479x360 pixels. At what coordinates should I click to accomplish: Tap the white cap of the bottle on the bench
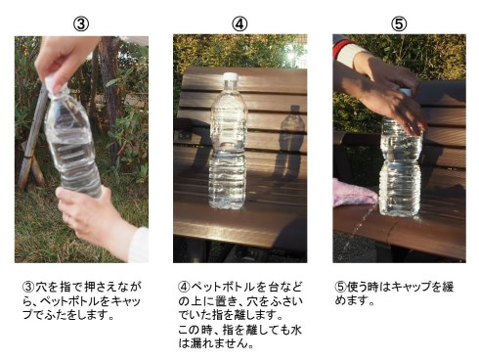pos(230,78)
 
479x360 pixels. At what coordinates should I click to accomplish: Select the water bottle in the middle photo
pos(229,147)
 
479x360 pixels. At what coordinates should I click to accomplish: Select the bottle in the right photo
pos(400,166)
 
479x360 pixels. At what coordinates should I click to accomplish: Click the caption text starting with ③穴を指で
pos(82,301)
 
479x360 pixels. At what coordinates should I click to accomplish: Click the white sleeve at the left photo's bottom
pos(140,247)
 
